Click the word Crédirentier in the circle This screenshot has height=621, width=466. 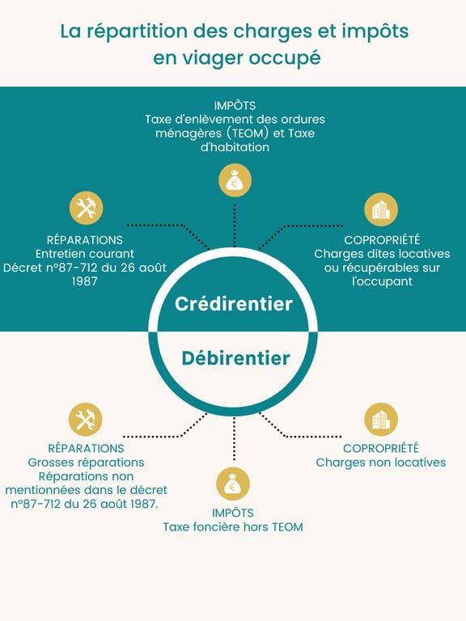pyautogui.click(x=233, y=304)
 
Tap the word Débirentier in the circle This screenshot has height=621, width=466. pyautogui.click(x=235, y=358)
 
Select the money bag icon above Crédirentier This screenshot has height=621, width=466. pyautogui.click(x=235, y=180)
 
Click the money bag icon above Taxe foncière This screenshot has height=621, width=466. pyautogui.click(x=233, y=484)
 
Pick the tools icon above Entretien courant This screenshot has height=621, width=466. pyautogui.click(x=86, y=209)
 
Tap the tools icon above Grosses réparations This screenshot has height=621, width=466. pyautogui.click(x=85, y=420)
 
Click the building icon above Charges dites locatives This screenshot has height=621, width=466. pyautogui.click(x=381, y=209)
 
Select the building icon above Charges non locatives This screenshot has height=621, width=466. pyautogui.click(x=381, y=420)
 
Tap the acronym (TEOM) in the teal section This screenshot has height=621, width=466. pyautogui.click(x=247, y=133)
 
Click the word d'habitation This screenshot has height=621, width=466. pyautogui.click(x=235, y=147)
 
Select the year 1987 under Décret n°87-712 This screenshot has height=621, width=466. pyautogui.click(x=84, y=281)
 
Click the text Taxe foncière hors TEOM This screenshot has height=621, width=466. pyautogui.click(x=233, y=527)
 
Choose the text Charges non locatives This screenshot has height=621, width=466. pyautogui.click(x=381, y=463)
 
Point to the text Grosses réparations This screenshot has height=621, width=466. pyautogui.click(x=86, y=463)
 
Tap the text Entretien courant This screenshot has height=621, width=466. pyautogui.click(x=85, y=253)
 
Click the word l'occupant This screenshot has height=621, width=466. pyautogui.click(x=382, y=281)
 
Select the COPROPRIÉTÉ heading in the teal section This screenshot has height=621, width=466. pyautogui.click(x=382, y=239)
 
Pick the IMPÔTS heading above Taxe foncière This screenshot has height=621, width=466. pyautogui.click(x=233, y=513)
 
